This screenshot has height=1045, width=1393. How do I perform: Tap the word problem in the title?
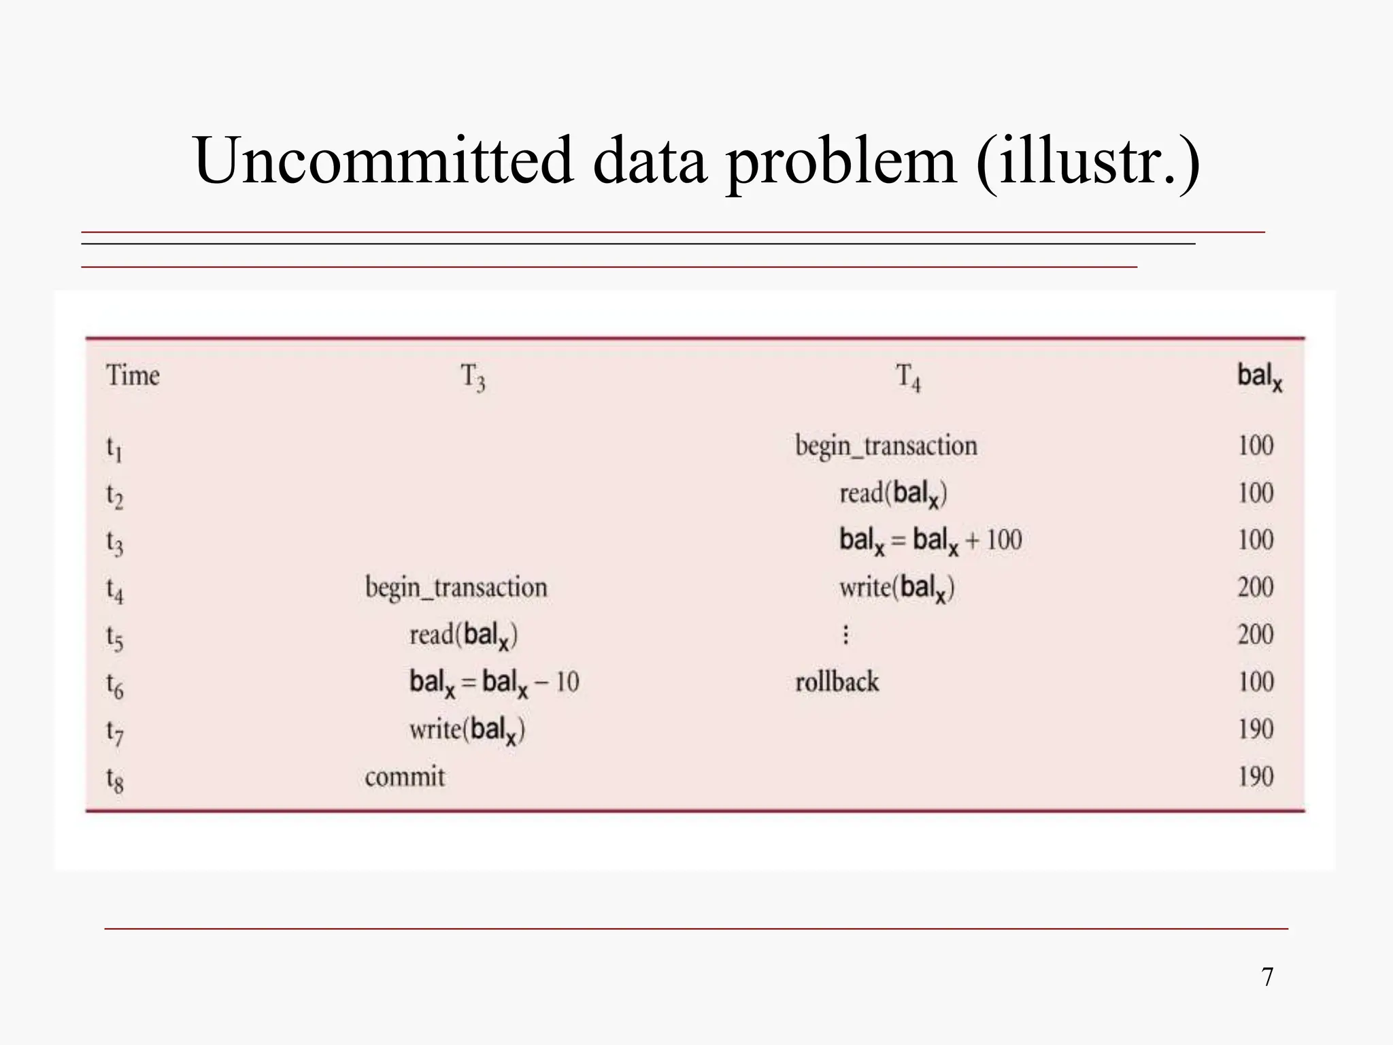click(841, 162)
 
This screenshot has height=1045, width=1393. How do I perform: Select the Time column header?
click(133, 376)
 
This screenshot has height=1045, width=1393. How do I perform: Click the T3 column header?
click(473, 377)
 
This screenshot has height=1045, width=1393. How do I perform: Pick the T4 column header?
click(908, 377)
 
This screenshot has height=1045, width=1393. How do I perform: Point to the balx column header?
click(1259, 376)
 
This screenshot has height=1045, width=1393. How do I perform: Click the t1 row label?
click(114, 448)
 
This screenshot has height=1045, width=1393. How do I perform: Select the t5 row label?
click(114, 637)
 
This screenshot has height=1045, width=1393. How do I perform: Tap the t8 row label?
click(114, 779)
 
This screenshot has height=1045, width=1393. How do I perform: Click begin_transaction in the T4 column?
click(886, 446)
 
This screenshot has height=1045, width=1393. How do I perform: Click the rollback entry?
click(837, 682)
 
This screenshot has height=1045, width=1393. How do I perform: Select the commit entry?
click(405, 777)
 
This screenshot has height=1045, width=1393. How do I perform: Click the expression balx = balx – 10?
click(494, 682)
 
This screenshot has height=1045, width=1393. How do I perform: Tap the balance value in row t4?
click(1255, 587)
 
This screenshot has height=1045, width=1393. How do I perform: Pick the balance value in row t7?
click(1255, 729)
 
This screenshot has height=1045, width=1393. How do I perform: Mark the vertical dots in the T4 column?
click(845, 635)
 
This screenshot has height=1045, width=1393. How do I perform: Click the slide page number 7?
click(1267, 977)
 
